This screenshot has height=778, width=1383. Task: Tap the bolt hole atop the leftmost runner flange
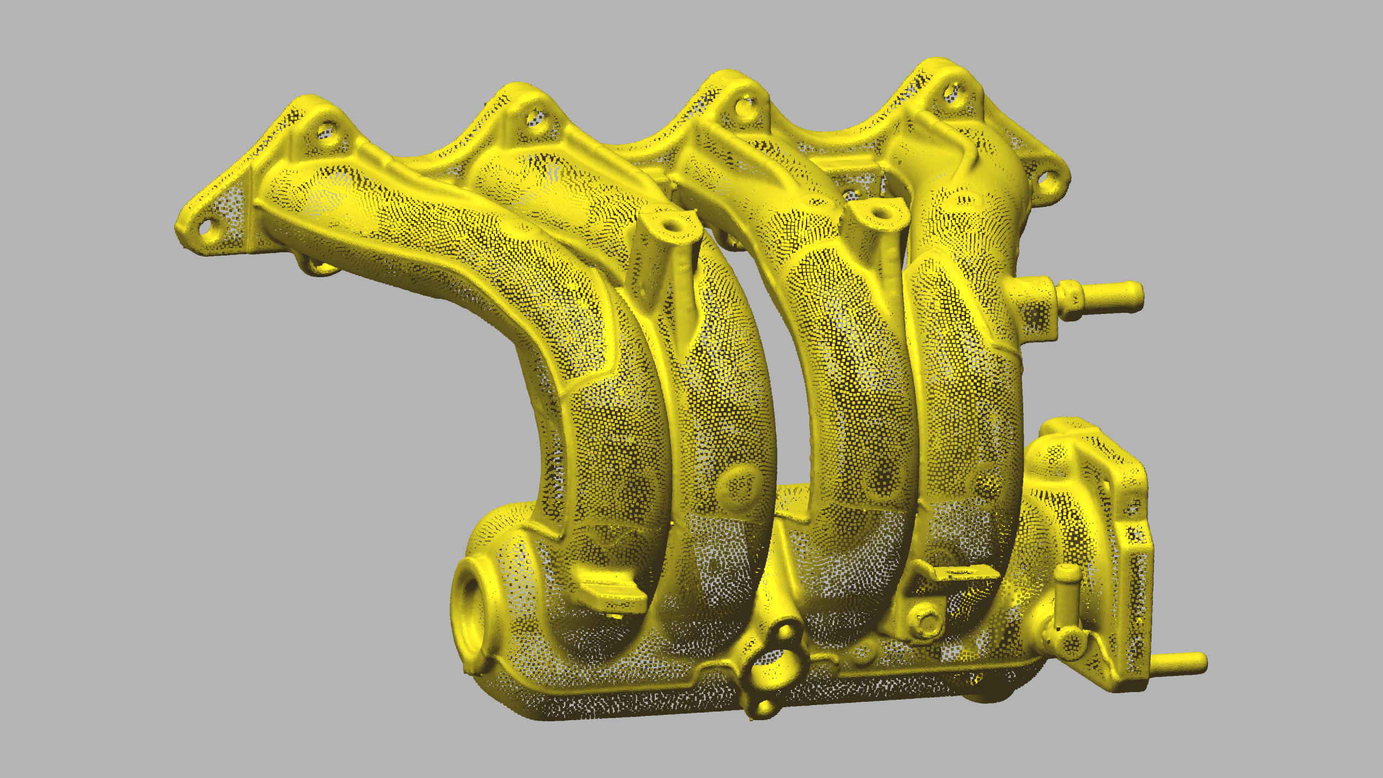tap(326, 131)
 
